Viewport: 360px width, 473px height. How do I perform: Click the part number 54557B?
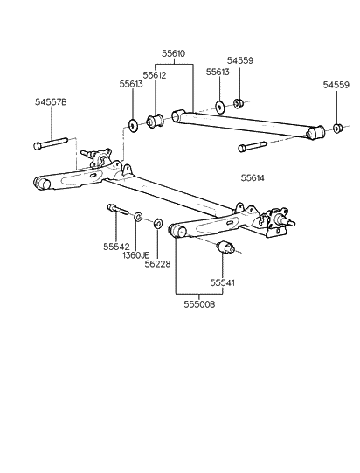coord(52,101)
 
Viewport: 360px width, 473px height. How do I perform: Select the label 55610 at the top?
coord(173,53)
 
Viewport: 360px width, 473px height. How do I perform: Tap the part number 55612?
coord(156,75)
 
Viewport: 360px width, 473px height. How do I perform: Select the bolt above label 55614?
coord(247,149)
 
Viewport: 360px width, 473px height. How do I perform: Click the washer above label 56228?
coord(157,224)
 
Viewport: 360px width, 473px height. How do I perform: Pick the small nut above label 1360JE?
coord(138,215)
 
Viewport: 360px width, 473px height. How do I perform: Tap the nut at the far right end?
coord(336,130)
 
